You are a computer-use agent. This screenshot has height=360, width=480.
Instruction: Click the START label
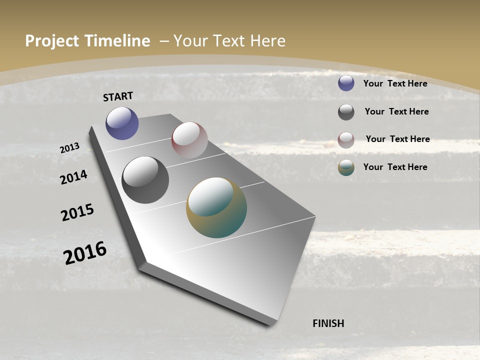click(118, 96)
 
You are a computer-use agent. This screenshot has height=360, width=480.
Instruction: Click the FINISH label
click(328, 323)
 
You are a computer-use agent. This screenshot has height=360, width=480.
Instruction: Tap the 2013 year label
click(69, 148)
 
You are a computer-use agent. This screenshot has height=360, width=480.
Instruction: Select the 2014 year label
click(73, 177)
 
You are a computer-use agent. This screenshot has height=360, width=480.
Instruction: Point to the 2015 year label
click(77, 212)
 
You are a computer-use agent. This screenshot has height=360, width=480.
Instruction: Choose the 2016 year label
click(85, 252)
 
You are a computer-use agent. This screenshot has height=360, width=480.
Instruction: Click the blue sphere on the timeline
click(122, 123)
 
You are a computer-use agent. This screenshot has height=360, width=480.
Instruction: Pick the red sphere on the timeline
click(189, 140)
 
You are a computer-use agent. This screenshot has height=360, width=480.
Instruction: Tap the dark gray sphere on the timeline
click(145, 180)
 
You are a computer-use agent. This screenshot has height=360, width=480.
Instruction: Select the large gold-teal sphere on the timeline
click(216, 207)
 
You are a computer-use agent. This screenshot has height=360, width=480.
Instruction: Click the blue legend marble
click(346, 83)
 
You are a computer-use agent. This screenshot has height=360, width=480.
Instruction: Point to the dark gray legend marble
click(346, 112)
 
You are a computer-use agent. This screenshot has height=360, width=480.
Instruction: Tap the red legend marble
click(346, 140)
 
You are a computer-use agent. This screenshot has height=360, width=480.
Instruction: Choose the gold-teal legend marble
click(346, 168)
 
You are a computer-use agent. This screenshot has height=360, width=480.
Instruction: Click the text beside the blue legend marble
click(395, 83)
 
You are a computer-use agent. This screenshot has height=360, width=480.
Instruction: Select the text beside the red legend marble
click(397, 139)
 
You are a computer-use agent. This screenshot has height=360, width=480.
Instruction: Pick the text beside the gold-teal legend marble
click(395, 167)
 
